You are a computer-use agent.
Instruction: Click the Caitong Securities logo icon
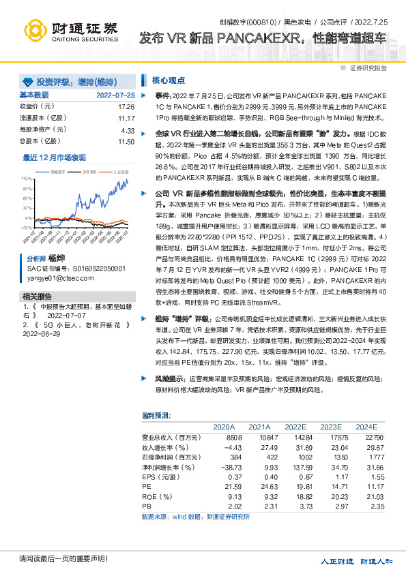click(x=35, y=28)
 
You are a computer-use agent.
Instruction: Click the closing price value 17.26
click(x=126, y=107)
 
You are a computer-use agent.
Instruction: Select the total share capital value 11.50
click(x=126, y=140)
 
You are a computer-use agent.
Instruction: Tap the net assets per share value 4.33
click(x=128, y=130)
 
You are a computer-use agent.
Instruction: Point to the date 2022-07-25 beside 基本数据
click(x=115, y=95)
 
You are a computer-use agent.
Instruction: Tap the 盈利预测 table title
click(x=157, y=414)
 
